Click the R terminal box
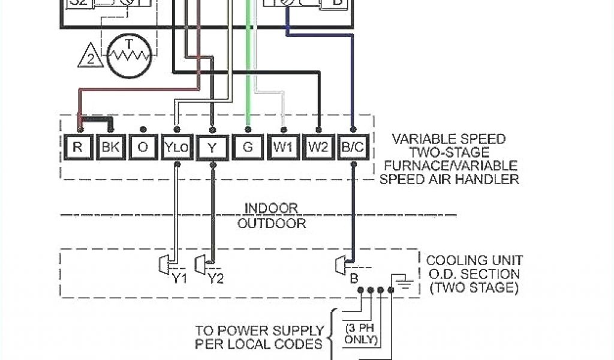click(77, 147)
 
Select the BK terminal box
click(110, 147)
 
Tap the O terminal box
click(143, 147)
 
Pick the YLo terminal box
click(177, 147)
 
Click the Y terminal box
click(212, 147)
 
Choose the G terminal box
click(247, 147)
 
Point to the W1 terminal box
click(282, 147)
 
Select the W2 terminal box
click(318, 147)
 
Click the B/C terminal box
click(353, 147)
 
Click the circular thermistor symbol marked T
click(129, 56)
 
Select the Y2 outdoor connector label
click(215, 278)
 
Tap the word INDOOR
click(271, 208)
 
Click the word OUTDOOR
click(272, 224)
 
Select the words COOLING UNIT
click(474, 260)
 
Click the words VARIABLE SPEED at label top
click(449, 139)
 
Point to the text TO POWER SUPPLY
click(260, 331)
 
